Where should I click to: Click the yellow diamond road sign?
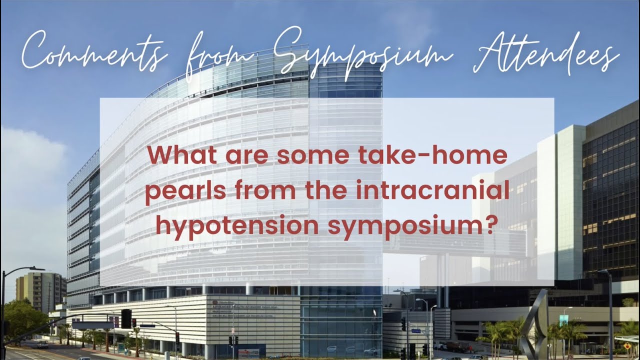pyautogui.click(x=626, y=345)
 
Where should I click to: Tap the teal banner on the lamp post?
pyautogui.click(x=563, y=320)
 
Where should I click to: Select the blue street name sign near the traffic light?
pyautogui.click(x=416, y=331)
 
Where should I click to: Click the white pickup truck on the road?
pyautogui.click(x=42, y=344)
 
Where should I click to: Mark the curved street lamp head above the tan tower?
pyautogui.click(x=36, y=269)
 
